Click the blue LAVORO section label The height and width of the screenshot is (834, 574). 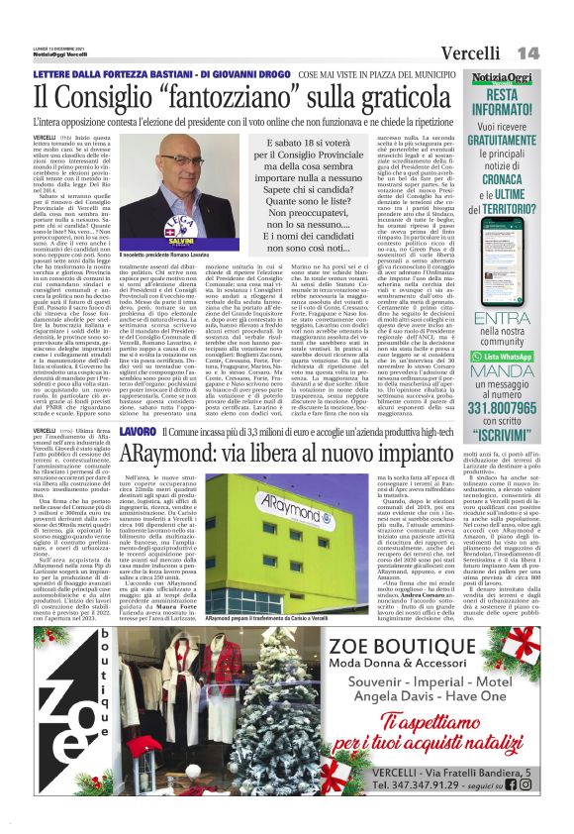pos(138,434)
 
